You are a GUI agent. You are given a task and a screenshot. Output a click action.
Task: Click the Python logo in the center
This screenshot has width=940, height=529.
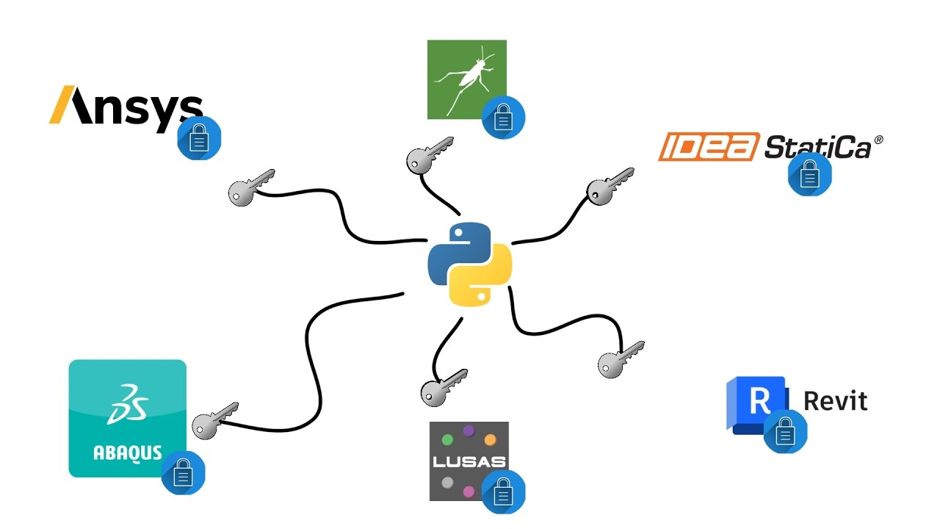tap(469, 264)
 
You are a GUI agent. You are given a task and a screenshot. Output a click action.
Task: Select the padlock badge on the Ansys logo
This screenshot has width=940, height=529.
tap(199, 137)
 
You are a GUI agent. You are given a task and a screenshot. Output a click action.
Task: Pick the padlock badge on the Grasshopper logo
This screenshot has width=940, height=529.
tap(503, 117)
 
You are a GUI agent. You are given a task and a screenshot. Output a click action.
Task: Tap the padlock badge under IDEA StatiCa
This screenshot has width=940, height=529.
tap(809, 175)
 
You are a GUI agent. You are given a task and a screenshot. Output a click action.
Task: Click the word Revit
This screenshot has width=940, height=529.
tap(835, 401)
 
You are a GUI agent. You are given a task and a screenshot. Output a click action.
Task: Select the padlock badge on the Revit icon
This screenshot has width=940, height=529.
tap(785, 431)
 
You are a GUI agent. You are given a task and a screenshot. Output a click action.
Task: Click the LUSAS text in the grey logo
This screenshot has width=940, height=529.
tap(469, 462)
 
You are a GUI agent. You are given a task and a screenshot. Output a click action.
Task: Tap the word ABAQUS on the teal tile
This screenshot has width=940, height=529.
tap(127, 451)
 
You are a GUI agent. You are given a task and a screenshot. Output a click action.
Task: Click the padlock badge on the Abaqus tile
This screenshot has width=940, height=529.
tap(183, 472)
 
